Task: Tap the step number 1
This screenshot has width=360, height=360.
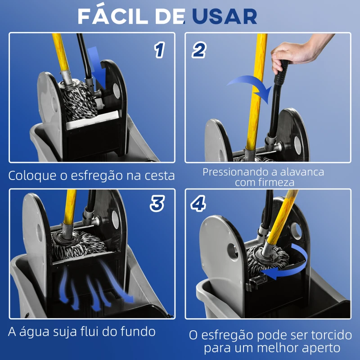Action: coord(159,50)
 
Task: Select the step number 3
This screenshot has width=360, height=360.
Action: coord(157,204)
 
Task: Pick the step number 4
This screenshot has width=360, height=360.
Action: coord(198,204)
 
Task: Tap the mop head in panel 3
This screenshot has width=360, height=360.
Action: coord(76,243)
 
